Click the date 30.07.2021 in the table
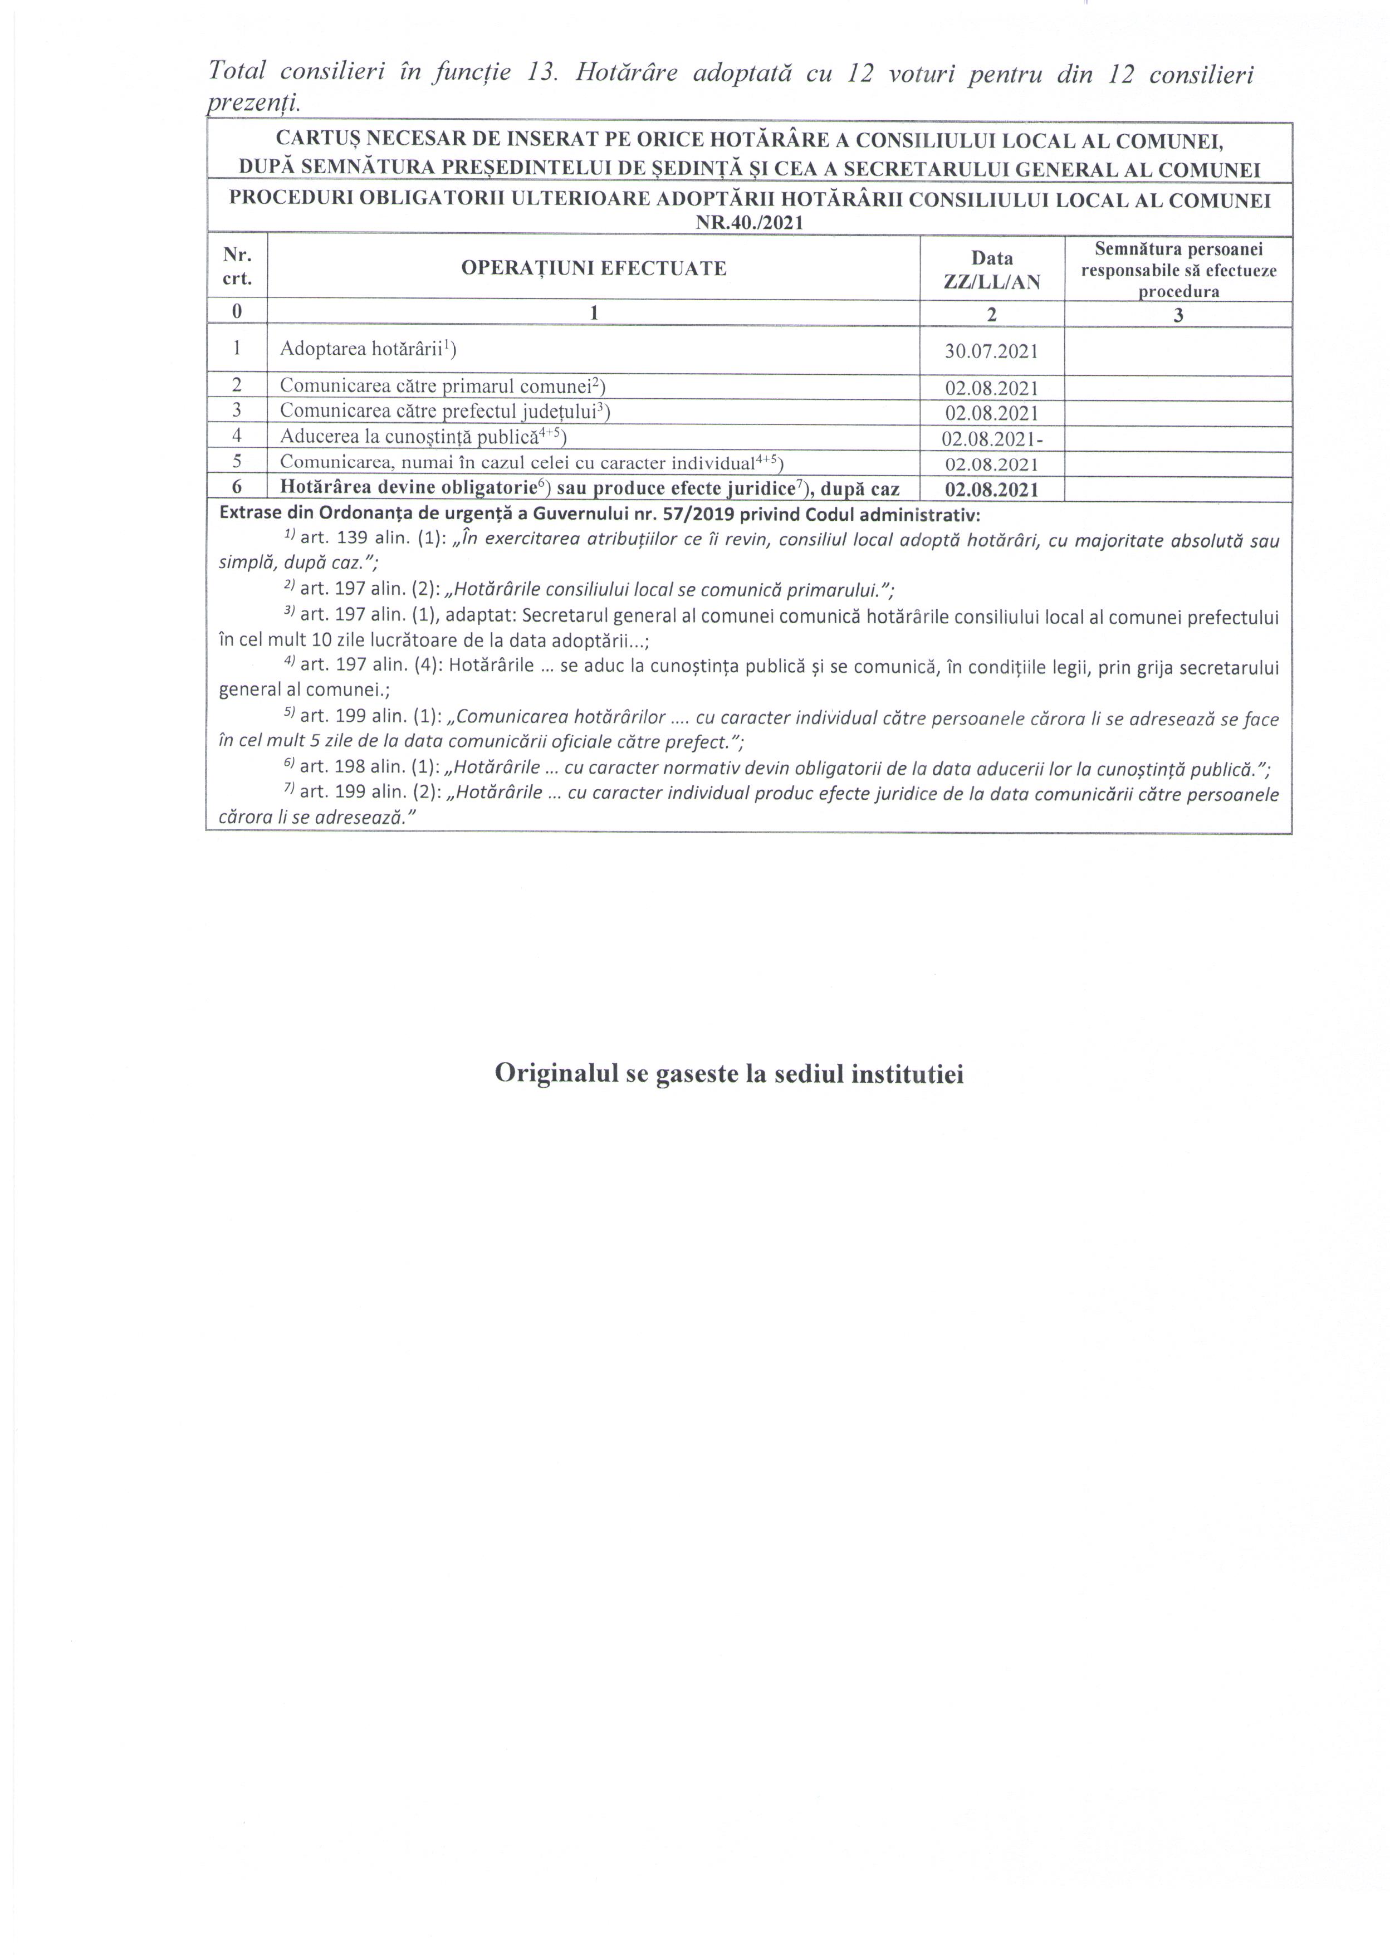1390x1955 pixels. [991, 351]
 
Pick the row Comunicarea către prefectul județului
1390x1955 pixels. [444, 412]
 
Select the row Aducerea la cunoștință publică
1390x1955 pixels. [423, 437]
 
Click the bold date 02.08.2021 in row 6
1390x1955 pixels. [991, 490]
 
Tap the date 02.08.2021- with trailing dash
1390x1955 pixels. [992, 439]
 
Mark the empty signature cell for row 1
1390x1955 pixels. [1178, 351]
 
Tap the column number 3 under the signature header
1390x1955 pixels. [1178, 314]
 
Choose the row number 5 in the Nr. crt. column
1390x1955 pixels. [237, 463]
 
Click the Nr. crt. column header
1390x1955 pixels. [237, 266]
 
